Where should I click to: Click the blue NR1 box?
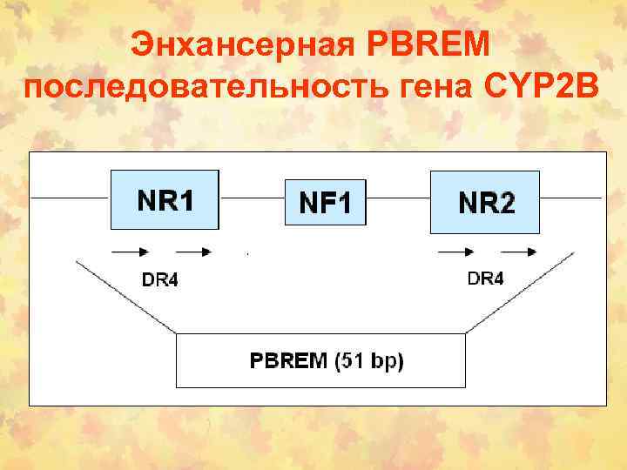165,199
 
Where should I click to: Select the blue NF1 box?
326,202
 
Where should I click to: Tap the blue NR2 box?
485,202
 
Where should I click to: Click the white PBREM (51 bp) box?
320,360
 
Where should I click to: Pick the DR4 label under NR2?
486,279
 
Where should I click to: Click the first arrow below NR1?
129,252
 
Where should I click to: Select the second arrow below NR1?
193,252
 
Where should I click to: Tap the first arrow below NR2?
456,252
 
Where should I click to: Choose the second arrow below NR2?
519,252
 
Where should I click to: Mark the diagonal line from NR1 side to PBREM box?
126,295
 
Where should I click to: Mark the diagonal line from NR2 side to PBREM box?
519,292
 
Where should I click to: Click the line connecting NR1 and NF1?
252,198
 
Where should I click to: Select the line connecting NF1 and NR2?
398,198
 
